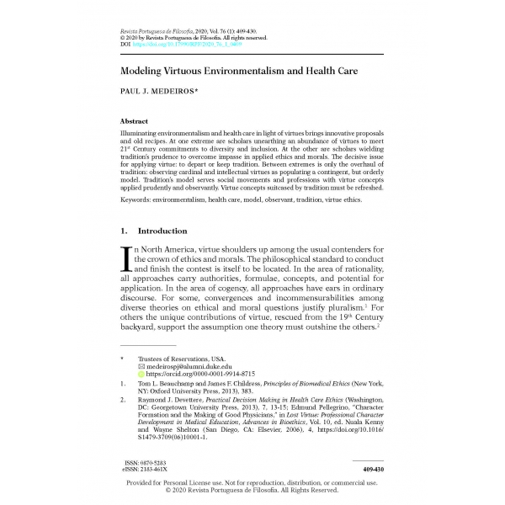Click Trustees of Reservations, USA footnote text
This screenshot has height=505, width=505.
click(x=182, y=359)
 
